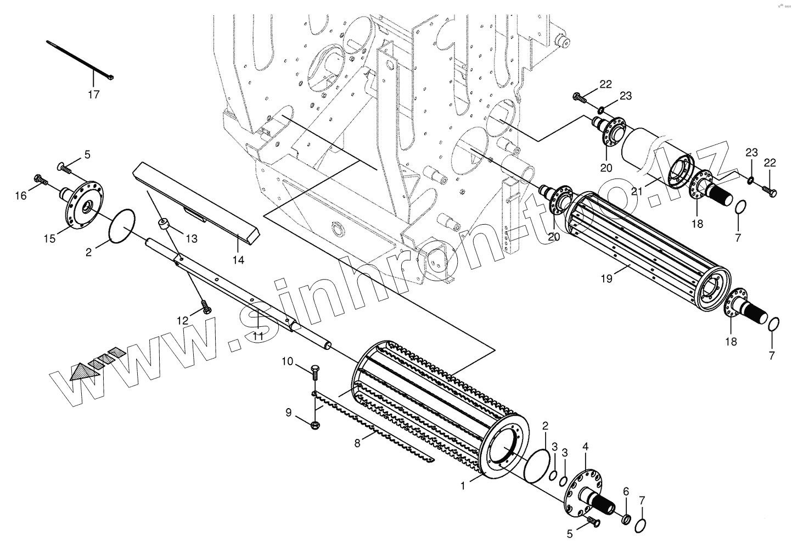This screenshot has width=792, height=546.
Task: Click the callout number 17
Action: (x=94, y=94)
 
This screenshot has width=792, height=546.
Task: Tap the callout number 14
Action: (x=238, y=260)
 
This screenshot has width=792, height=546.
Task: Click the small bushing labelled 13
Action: (x=162, y=224)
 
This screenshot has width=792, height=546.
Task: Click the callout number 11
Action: (x=258, y=336)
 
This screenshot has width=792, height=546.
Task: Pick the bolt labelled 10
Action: (x=314, y=372)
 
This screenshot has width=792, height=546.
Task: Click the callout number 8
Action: (x=357, y=443)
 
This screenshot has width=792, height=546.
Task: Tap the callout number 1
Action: (x=463, y=486)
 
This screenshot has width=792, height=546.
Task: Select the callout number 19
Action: (x=606, y=279)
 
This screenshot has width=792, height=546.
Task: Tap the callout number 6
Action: (x=626, y=491)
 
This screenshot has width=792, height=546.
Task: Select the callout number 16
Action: (x=20, y=194)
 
